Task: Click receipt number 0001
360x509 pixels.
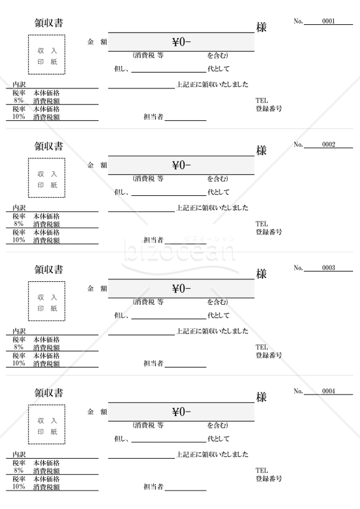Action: [328, 21]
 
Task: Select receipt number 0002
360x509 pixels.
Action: [328, 144]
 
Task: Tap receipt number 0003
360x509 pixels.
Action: [328, 268]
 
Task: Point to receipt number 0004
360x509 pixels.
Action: [328, 391]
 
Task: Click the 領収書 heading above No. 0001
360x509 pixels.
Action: [49, 23]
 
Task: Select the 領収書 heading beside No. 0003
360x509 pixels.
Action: [49, 269]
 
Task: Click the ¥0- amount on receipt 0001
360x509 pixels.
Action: [181, 42]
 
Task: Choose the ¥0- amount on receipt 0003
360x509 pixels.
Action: [181, 289]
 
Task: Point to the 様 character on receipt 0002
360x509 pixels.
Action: [261, 150]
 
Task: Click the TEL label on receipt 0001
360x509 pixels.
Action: [261, 101]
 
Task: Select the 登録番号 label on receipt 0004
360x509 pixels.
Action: [269, 478]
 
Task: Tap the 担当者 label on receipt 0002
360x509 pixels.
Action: [153, 241]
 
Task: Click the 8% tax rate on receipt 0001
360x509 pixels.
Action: [18, 101]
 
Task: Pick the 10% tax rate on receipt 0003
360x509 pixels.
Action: [18, 363]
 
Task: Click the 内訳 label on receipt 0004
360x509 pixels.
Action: [19, 454]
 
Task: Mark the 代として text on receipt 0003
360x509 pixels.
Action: [218, 316]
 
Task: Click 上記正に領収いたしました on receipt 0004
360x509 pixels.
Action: [212, 454]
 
